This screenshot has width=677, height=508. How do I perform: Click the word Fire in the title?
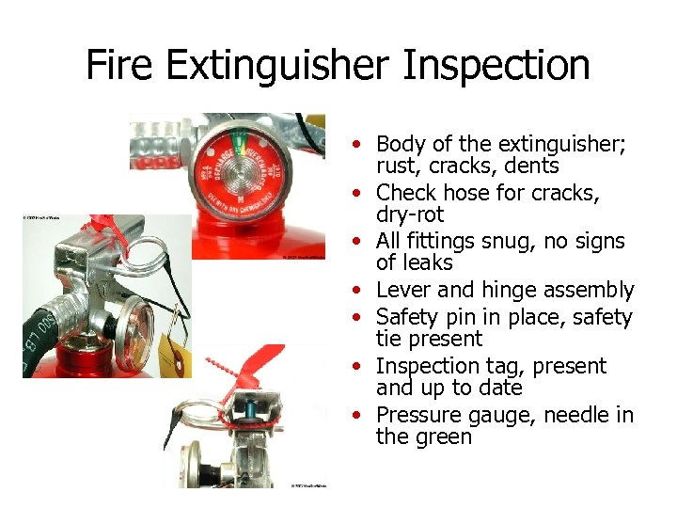tap(122, 66)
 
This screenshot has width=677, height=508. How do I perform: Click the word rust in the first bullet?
tap(396, 167)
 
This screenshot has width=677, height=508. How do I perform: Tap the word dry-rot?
tap(409, 215)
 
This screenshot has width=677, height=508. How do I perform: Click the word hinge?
tap(508, 291)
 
